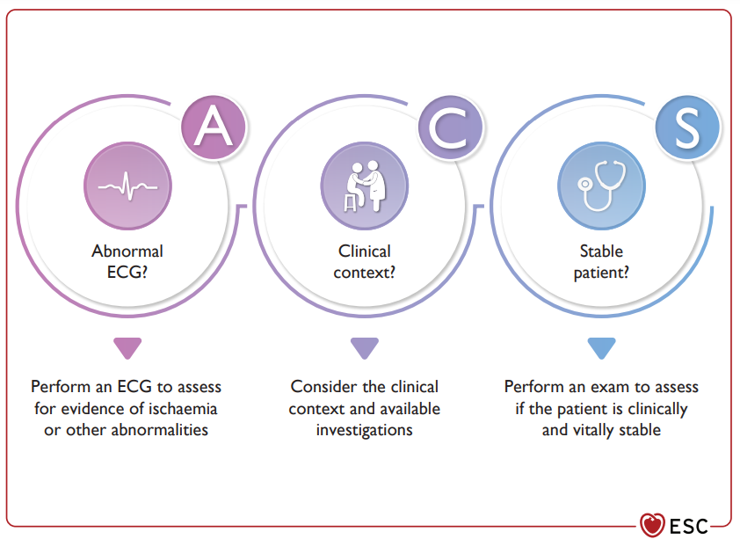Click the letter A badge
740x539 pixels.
214,127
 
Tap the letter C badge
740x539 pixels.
450,127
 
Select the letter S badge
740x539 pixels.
687,127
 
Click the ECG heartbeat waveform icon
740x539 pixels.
128,186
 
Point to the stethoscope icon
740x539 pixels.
602,186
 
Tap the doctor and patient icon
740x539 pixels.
365,186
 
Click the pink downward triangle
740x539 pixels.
127,348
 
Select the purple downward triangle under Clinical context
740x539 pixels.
365,348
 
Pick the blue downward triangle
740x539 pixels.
601,348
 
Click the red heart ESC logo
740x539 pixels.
652,525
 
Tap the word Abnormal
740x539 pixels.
127,251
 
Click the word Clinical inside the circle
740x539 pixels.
365,251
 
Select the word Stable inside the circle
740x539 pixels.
601,251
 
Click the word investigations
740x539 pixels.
365,431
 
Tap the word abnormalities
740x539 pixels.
160,430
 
